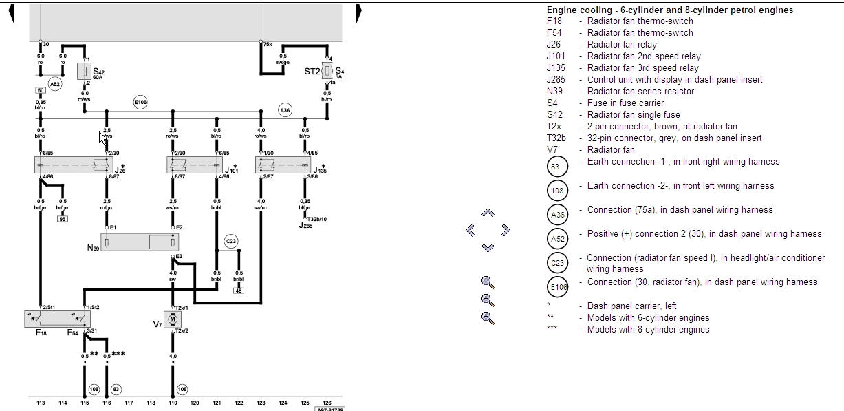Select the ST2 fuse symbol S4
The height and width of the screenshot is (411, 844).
(x=327, y=71)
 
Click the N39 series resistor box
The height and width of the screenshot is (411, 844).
(x=140, y=242)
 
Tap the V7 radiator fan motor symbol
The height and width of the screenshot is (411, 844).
(x=173, y=319)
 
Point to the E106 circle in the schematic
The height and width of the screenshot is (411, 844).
(x=140, y=103)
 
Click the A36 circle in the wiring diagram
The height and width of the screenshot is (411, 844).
(x=285, y=109)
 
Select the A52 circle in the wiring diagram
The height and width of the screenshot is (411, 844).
(x=55, y=84)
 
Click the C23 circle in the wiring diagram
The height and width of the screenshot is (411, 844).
(x=230, y=241)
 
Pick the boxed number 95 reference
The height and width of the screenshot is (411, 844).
(x=62, y=219)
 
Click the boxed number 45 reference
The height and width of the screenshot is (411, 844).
(x=239, y=291)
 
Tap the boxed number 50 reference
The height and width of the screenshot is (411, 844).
(x=40, y=90)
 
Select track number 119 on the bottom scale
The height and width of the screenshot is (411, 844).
(x=173, y=403)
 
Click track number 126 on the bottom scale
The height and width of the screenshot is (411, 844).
(x=326, y=403)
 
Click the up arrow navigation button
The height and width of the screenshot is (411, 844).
(x=488, y=213)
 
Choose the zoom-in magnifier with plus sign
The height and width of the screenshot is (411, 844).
(x=488, y=299)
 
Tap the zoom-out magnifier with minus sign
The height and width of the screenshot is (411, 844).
(x=488, y=317)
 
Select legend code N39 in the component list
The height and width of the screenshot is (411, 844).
(x=554, y=91)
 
